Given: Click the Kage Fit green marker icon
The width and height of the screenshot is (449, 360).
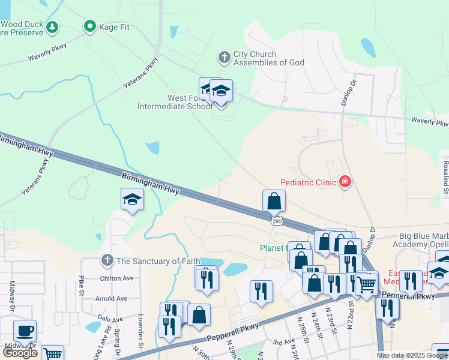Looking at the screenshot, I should pos(90,26).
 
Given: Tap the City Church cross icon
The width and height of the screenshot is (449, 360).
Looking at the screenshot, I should pos(224,58).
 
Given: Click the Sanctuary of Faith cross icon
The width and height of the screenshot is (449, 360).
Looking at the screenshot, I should pos(107,260).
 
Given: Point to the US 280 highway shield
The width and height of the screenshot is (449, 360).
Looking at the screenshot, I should pos(276,221).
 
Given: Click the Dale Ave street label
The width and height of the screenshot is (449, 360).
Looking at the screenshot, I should pos(110,319).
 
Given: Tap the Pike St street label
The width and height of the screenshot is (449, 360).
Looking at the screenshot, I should pos(80,286).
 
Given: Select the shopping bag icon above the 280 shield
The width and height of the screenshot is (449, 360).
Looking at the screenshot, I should pos(274,202).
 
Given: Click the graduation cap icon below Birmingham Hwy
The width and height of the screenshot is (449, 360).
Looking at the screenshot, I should pos(132,200).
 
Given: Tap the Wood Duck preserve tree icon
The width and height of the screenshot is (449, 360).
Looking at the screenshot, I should pos(53,26).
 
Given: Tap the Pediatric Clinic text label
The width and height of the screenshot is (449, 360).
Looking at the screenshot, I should pos(309,182).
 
